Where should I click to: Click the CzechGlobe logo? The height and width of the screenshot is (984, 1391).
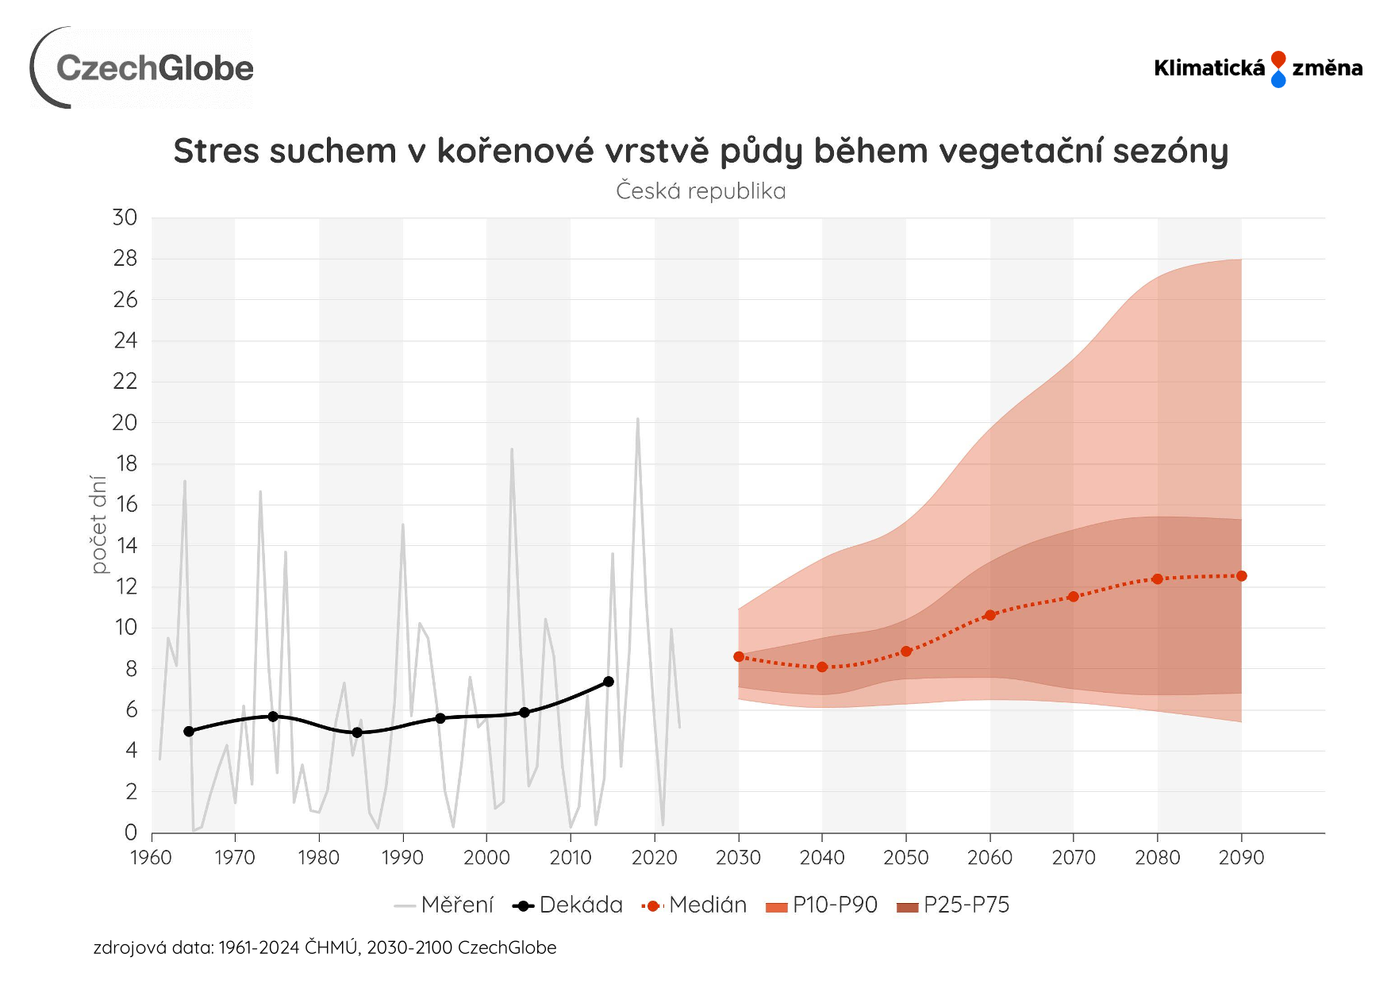pos(143,68)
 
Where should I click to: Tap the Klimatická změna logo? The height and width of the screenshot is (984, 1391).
pos(1258,68)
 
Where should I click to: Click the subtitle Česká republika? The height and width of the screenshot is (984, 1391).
pos(701,191)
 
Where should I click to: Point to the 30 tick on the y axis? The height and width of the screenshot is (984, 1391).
pos(125,217)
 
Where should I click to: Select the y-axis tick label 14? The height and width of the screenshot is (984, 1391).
pos(125,545)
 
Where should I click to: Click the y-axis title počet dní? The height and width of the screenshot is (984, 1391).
pos(98,524)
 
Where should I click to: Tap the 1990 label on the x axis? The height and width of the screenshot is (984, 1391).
pos(402,858)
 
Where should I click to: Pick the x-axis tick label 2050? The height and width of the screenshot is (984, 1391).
pos(905,858)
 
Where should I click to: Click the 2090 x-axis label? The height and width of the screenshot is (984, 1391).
pos(1241,858)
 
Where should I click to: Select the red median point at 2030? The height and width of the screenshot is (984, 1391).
pos(739,657)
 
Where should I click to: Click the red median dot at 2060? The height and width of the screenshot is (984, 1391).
pos(990,615)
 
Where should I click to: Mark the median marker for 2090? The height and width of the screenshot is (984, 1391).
pos(1242,576)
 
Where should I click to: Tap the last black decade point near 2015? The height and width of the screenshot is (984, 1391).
pos(609,682)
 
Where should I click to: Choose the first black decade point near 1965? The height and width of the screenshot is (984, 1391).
pos(189,732)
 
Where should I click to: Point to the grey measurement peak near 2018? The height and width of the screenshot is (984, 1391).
pos(637,419)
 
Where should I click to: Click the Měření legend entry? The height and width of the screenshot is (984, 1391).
pos(444,905)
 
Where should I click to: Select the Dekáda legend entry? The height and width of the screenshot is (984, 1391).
pos(568,905)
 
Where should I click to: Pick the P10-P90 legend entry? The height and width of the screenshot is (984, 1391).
pos(822,905)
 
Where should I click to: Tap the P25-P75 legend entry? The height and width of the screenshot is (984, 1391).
pos(953,905)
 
